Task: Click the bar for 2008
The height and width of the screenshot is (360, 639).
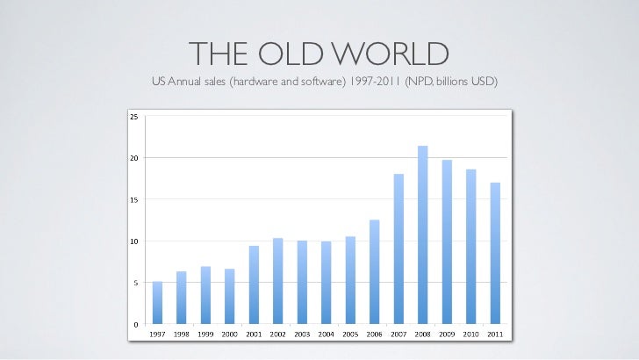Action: pyautogui.click(x=423, y=235)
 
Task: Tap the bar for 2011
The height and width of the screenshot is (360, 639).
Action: pyautogui.click(x=495, y=254)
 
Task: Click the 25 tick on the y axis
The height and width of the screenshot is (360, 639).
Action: pyautogui.click(x=133, y=116)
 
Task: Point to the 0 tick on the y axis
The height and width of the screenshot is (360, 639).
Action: pyautogui.click(x=135, y=325)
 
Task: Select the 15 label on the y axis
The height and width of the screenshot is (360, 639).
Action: pyautogui.click(x=133, y=199)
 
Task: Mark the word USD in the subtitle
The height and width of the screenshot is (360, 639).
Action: pyautogui.click(x=483, y=83)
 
